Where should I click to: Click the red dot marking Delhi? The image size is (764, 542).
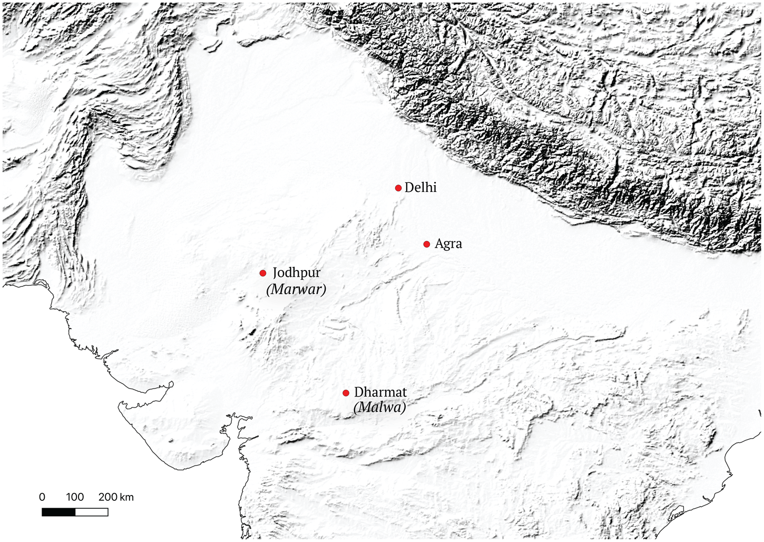[x=398, y=188]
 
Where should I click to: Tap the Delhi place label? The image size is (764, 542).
[x=420, y=188]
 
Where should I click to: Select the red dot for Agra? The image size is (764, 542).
[x=427, y=244]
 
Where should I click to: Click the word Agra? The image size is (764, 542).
[x=448, y=244]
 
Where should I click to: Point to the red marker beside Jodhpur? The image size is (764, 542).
[x=263, y=273]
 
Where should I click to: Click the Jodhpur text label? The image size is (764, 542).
[x=296, y=273]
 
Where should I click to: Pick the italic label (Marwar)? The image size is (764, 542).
[x=296, y=289]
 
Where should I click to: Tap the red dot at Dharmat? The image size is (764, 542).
[x=346, y=393]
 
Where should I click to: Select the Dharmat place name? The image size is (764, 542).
[x=380, y=392]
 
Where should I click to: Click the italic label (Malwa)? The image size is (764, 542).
[x=380, y=408]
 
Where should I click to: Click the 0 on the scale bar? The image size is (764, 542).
[x=42, y=497]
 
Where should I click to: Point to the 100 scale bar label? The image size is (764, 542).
[x=75, y=497]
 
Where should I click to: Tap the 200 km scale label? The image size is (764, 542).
[x=115, y=497]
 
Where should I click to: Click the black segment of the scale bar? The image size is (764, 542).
[x=58, y=512]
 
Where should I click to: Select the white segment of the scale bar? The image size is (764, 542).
[x=92, y=512]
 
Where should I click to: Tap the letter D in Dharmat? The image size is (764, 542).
[x=359, y=392]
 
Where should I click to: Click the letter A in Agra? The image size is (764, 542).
[x=439, y=244]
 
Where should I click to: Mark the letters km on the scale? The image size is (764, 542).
[x=127, y=497]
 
